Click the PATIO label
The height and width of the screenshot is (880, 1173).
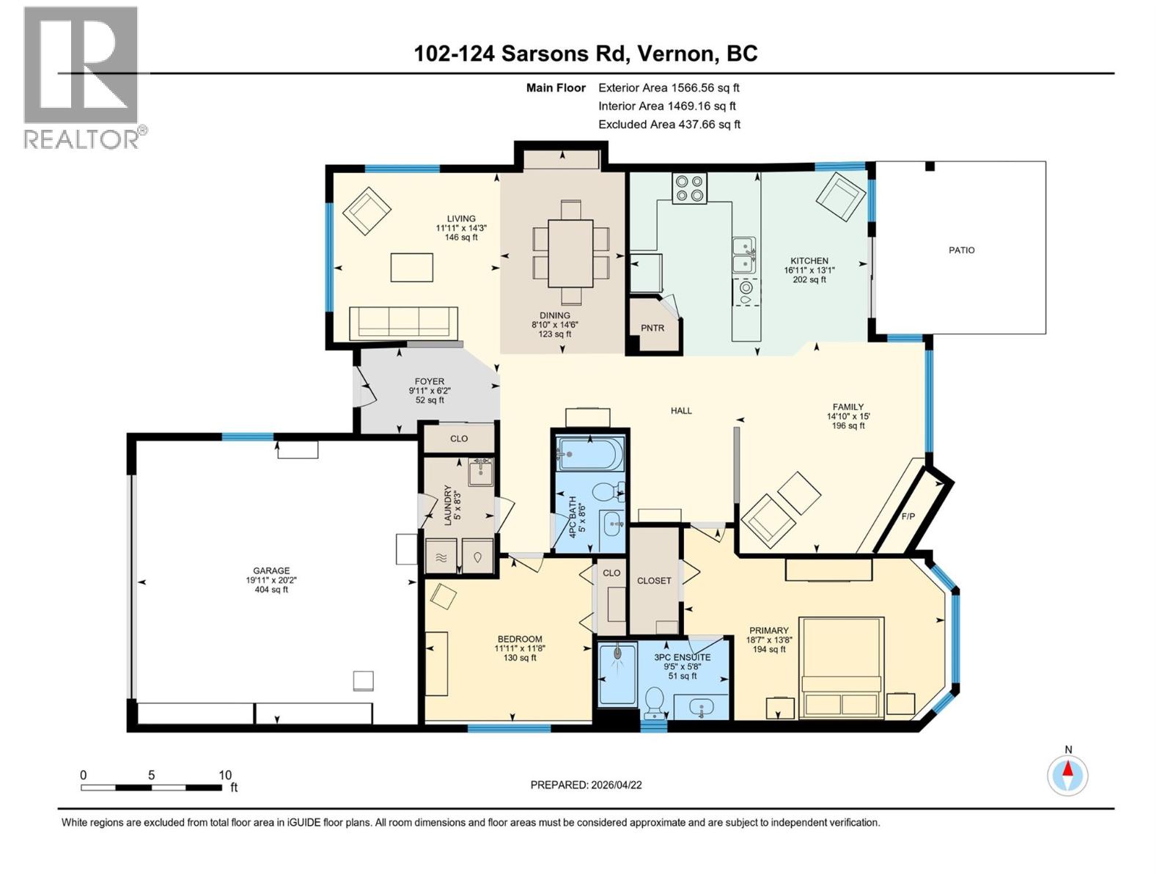point(961,250)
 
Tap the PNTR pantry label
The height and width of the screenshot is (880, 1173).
point(652,328)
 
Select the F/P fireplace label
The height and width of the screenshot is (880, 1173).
point(908,516)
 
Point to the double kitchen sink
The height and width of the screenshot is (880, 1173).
point(743,254)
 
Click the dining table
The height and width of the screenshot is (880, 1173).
point(570,253)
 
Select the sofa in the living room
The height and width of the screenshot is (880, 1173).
point(403,323)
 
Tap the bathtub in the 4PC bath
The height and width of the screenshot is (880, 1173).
point(590,454)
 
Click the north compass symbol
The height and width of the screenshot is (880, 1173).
point(1067,774)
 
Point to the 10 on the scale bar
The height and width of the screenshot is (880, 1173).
point(224,775)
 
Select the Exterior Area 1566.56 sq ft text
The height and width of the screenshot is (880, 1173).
point(669,87)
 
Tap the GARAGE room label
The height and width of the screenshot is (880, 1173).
point(271,571)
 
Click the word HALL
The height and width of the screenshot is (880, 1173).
point(681,411)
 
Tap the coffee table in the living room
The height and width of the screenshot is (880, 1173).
point(411,267)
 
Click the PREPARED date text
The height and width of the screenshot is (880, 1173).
point(586,785)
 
